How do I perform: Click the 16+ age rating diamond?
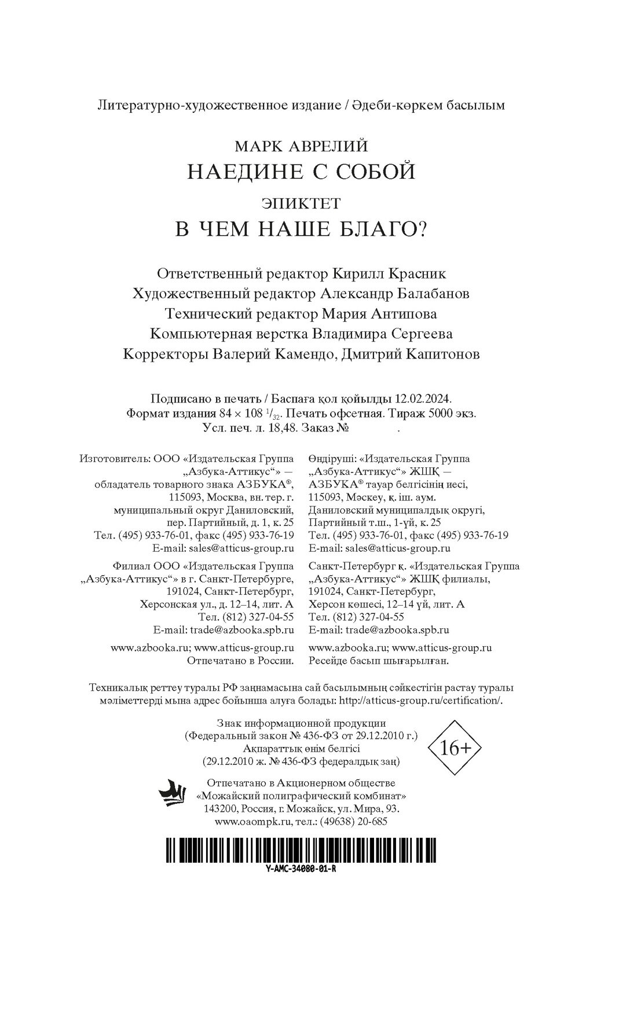tap(456, 748)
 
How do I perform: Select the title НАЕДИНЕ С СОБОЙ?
tap(302, 171)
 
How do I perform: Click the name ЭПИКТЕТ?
tap(301, 203)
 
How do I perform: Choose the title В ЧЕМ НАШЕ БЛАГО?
tap(301, 230)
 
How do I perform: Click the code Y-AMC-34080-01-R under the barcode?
tap(299, 870)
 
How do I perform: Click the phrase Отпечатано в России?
tap(241, 660)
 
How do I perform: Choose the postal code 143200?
tap(219, 808)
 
